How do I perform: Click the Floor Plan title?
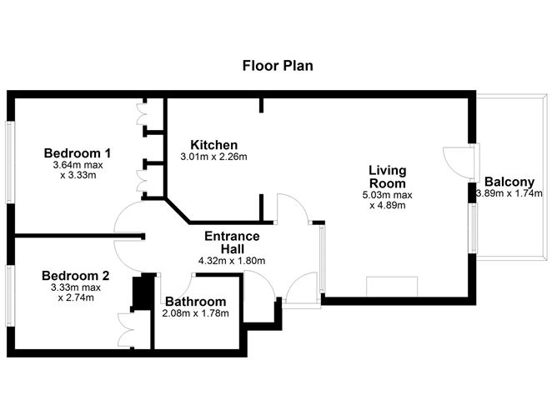tap(278, 65)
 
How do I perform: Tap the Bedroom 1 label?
tap(78, 153)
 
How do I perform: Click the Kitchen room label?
tap(213, 144)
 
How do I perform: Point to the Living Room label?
tap(388, 177)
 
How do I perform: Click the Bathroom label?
tap(195, 301)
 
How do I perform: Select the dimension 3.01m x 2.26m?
tap(213, 157)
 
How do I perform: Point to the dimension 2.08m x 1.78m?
tap(196, 313)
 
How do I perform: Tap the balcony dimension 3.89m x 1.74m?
tap(509, 193)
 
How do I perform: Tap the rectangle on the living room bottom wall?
tap(392, 286)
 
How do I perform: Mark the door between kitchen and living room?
tap(292, 208)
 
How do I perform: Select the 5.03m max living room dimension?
tap(388, 196)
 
